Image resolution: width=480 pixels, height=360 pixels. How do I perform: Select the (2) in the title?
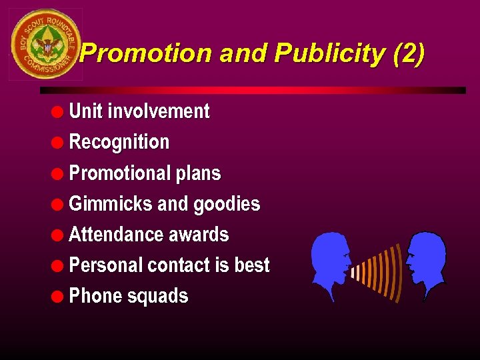pyautogui.click(x=409, y=54)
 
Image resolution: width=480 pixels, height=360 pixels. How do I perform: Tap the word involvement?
pyautogui.click(x=159, y=111)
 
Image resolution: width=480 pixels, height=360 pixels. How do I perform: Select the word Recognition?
pyautogui.click(x=119, y=142)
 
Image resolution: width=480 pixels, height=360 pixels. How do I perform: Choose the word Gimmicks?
pyautogui.click(x=111, y=204)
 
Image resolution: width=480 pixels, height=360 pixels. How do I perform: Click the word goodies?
pyautogui.click(x=227, y=204)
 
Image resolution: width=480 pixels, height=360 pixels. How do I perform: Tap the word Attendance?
pyautogui.click(x=111, y=235)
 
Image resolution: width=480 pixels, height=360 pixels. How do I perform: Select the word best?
pyautogui.click(x=252, y=265)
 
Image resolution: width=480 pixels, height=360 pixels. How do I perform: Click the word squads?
pyautogui.click(x=161, y=296)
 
